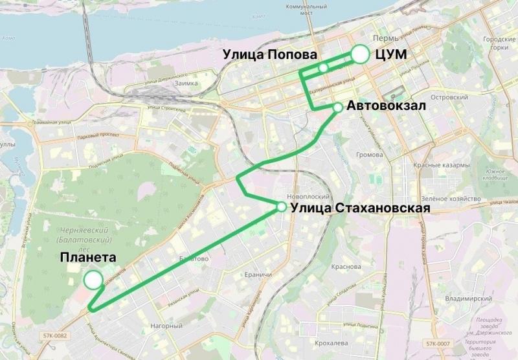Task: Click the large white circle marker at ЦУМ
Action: pos(360,55)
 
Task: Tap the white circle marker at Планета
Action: pos(93,280)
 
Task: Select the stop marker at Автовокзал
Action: pos(337,107)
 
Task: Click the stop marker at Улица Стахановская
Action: pos(282,207)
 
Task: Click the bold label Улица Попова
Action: pos(270,54)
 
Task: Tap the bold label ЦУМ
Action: pos(391,55)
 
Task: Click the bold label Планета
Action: pos(88,258)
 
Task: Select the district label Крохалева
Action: pos(332,343)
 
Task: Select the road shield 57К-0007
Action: pos(440,343)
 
